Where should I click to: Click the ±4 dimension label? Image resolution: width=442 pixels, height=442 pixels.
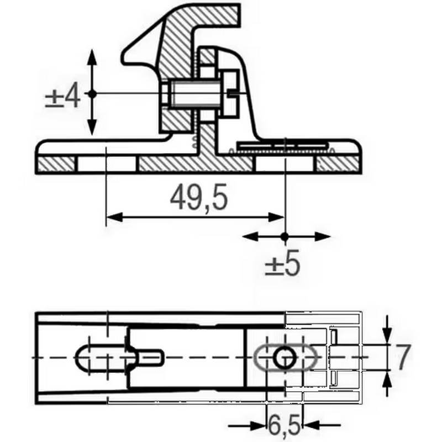pyautogui.click(x=62, y=97)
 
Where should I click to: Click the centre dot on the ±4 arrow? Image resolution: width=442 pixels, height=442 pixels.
pyautogui.click(x=92, y=94)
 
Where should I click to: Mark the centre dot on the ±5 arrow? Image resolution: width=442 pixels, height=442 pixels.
pyautogui.click(x=285, y=236)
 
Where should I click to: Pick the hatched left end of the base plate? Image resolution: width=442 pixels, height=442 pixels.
pyautogui.click(x=56, y=164)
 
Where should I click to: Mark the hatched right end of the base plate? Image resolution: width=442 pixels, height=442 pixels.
pyautogui.click(x=338, y=164)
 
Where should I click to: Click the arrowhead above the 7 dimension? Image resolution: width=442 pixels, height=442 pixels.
pyautogui.click(x=387, y=331)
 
